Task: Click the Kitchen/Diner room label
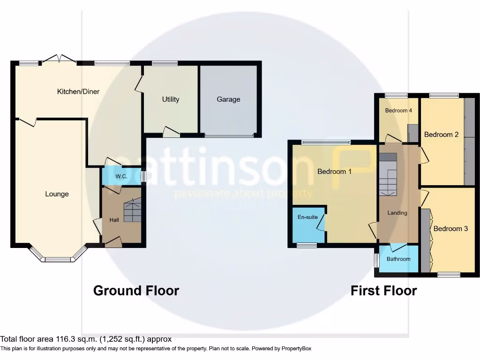(x=78, y=92)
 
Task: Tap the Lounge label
(x=57, y=194)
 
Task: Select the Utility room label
(x=171, y=99)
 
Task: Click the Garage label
(x=228, y=99)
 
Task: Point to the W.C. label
(x=121, y=177)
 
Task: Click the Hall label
(x=114, y=220)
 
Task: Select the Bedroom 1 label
(x=334, y=172)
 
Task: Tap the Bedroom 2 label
(x=441, y=135)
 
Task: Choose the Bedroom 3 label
(x=450, y=229)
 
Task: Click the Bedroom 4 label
(x=398, y=111)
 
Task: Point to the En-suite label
(x=307, y=217)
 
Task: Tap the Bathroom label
(x=398, y=259)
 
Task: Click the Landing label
(x=397, y=213)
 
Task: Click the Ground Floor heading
(x=136, y=291)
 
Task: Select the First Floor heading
(x=383, y=291)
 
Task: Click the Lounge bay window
(x=58, y=256)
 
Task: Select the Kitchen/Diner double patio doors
(x=60, y=59)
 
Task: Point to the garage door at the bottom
(x=229, y=136)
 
